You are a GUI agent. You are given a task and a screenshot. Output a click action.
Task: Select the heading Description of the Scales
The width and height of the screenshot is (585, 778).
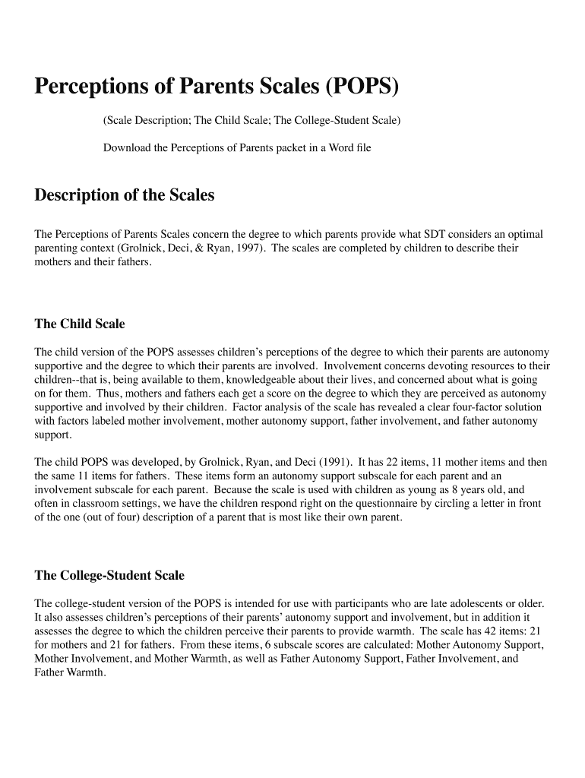tap(125, 195)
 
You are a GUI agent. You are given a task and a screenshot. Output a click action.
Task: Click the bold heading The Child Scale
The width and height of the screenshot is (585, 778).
tap(80, 324)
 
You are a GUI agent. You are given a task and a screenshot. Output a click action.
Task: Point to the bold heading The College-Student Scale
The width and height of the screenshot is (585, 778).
tap(109, 575)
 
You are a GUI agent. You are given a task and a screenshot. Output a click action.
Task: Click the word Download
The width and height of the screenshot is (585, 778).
tap(127, 147)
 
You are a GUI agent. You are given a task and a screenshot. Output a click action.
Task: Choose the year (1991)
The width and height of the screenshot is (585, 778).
tap(335, 462)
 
